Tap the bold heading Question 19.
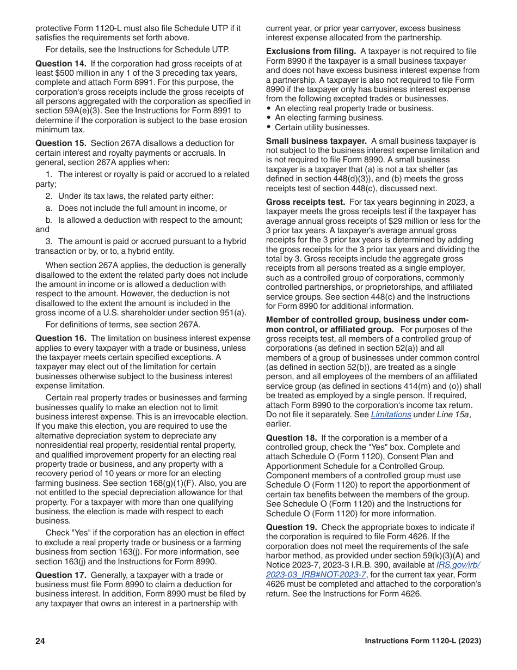[291, 527]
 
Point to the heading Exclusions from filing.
[311, 51]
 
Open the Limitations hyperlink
[391, 415]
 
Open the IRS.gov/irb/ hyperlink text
[458, 565]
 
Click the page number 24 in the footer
[40, 641]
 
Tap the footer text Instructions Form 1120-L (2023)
[423, 641]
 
